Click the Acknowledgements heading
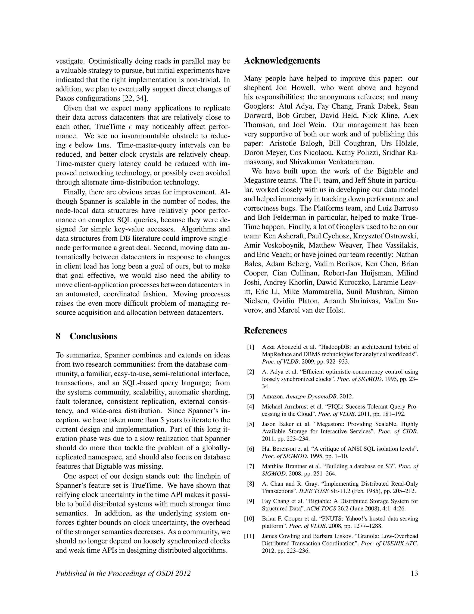[282, 61]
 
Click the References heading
[265, 330]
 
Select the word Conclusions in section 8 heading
[94, 336]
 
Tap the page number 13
[414, 573]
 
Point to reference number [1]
[250, 347]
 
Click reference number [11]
[249, 536]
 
